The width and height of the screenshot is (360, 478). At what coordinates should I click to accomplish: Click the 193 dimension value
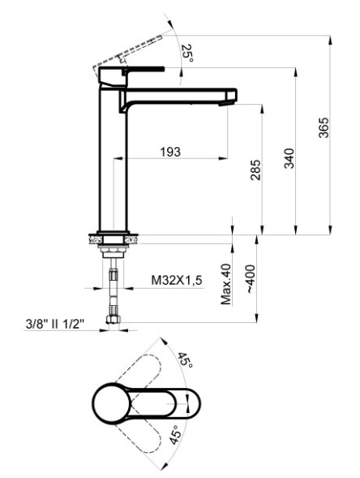tap(169, 152)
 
